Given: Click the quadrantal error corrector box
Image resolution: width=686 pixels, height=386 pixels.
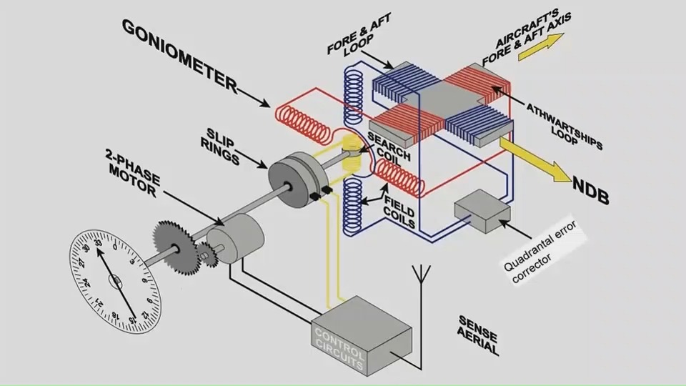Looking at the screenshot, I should point(482,212).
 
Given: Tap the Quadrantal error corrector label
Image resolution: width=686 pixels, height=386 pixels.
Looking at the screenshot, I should point(546,254).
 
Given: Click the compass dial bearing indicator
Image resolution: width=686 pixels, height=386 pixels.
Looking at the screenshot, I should point(116,279).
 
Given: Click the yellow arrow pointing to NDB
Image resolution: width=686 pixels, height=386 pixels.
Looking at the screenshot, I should point(536,159).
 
